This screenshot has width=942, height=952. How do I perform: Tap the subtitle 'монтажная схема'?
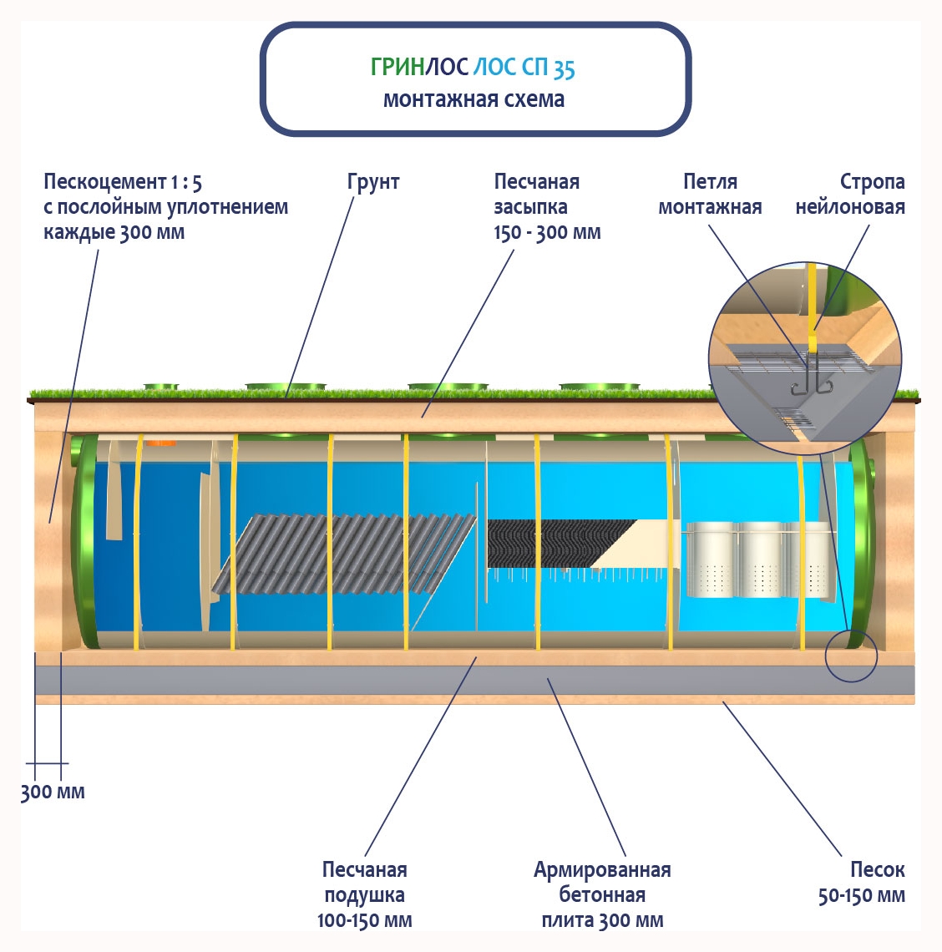point(474,99)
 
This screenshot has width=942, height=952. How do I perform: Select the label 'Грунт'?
point(373,182)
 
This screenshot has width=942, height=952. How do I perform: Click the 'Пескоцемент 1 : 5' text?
point(123,182)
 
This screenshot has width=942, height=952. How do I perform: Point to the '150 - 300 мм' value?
point(547,232)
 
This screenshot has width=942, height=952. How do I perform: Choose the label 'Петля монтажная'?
point(710,194)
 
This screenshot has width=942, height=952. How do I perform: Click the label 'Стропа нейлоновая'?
point(850,194)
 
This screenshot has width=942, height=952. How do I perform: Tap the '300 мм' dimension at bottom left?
point(53,792)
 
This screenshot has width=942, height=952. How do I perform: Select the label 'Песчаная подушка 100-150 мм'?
point(365,894)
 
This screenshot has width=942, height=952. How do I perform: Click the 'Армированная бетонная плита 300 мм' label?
point(602,894)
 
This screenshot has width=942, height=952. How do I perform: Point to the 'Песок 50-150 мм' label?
point(862,883)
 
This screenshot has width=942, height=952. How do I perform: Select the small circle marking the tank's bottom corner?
point(851,656)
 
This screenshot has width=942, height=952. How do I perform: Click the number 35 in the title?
point(564,68)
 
